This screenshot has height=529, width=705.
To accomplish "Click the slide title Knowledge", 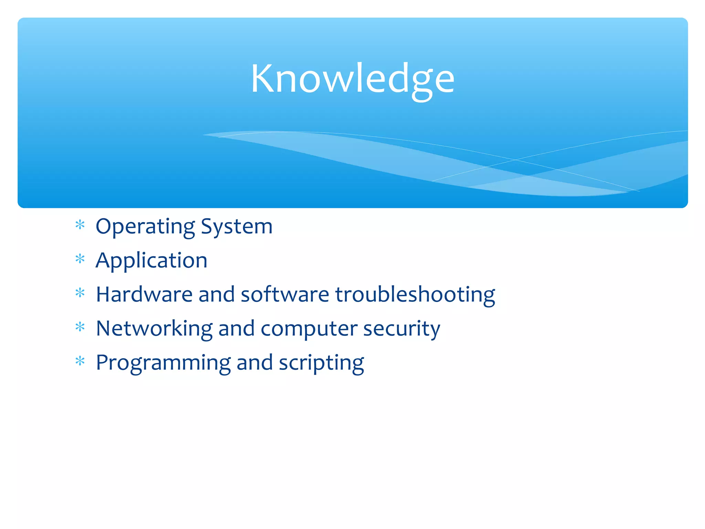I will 352,79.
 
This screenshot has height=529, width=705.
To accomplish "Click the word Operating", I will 145,227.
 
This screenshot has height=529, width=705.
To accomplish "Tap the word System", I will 236,227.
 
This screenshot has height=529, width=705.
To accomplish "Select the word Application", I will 151,261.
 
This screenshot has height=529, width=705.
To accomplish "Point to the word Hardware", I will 144,295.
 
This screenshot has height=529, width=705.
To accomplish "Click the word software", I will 285,295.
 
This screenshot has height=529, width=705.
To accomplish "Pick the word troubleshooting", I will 415,295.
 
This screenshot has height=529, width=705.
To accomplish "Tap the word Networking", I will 154,329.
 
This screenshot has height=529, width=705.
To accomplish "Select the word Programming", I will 163,363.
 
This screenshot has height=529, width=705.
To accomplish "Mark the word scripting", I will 321,363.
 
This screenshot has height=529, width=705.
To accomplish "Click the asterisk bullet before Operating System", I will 80,225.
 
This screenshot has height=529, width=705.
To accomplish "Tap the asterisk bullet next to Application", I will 80,259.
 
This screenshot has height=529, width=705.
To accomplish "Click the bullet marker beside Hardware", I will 80,293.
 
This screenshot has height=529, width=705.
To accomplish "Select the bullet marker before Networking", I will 80,327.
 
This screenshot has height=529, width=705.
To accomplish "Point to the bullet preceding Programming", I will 80,361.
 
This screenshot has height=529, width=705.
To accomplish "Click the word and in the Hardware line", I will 216,295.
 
